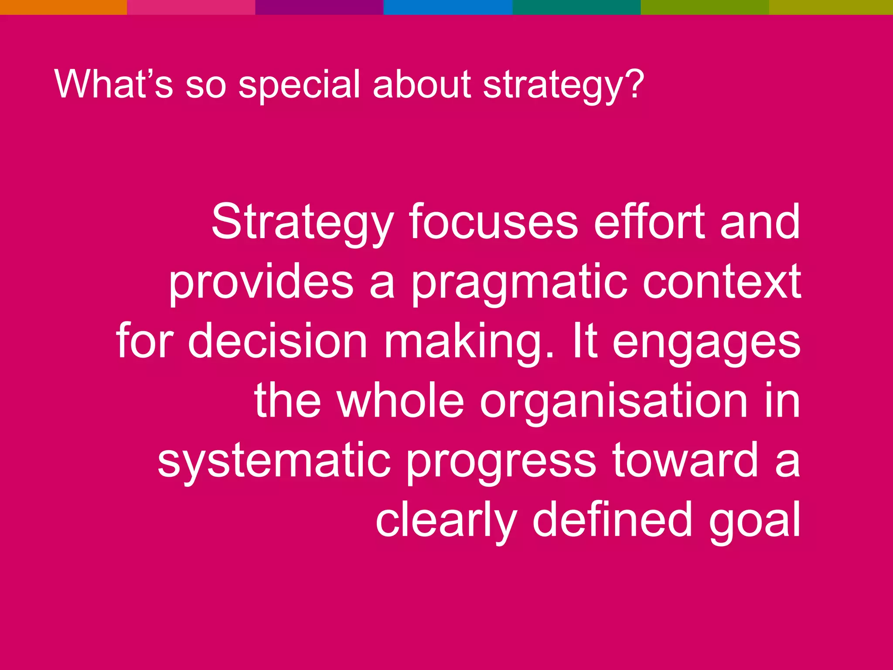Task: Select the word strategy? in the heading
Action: pyautogui.click(x=563, y=85)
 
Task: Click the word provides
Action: pyautogui.click(x=261, y=283)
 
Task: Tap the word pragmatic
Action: pyautogui.click(x=519, y=284)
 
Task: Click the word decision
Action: pyautogui.click(x=278, y=341)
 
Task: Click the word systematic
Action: pyautogui.click(x=274, y=461)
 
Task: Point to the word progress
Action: pyautogui.click(x=501, y=462)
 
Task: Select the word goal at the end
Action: pyautogui.click(x=754, y=521)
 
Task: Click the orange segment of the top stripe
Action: pyautogui.click(x=64, y=7)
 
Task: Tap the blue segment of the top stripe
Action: pyautogui.click(x=447, y=7)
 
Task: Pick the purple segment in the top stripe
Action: pyautogui.click(x=319, y=7)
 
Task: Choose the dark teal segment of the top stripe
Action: pyautogui.click(x=576, y=7)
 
